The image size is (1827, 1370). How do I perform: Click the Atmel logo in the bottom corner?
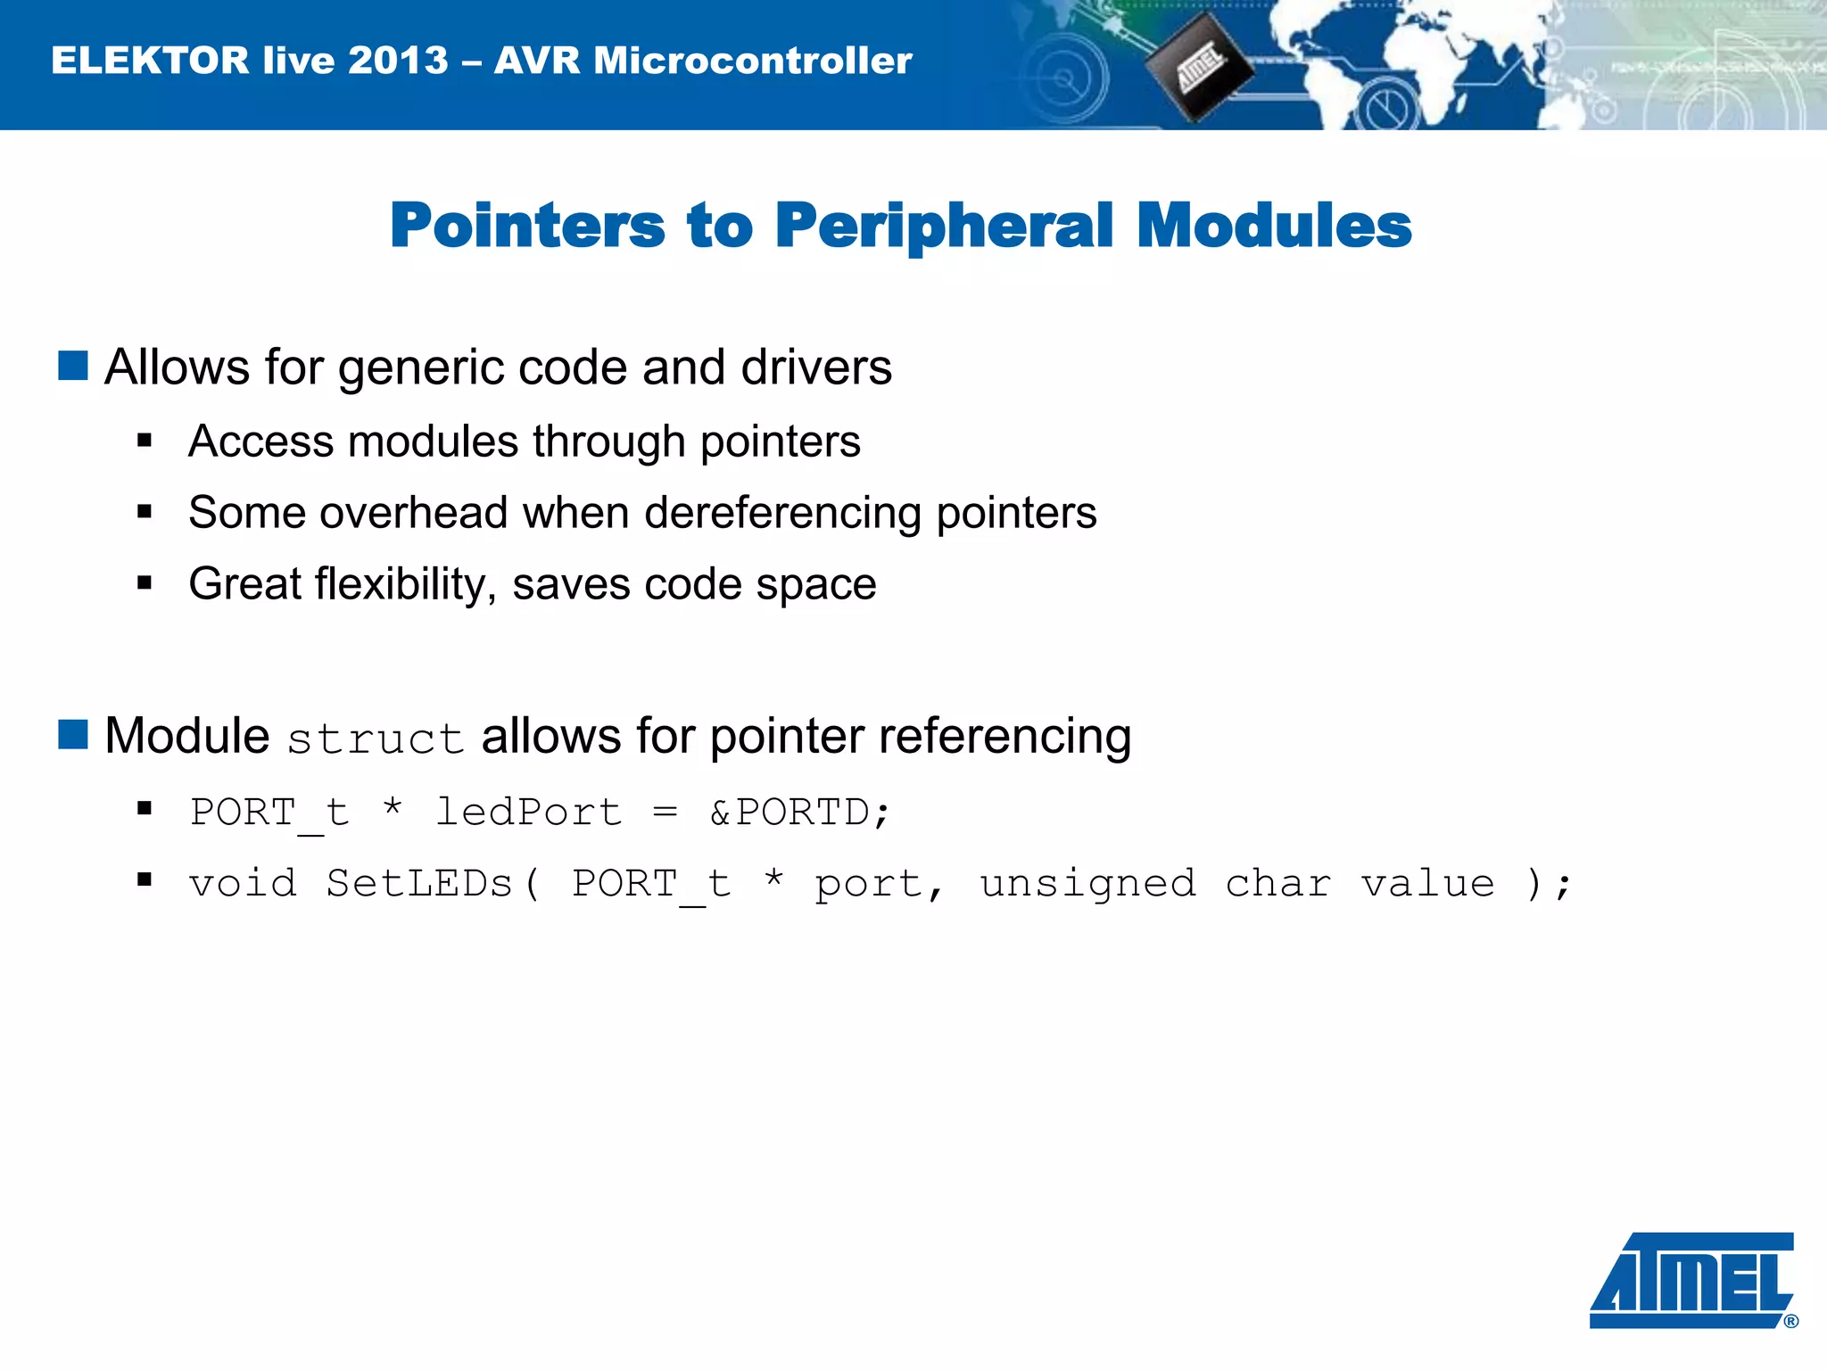tap(1692, 1280)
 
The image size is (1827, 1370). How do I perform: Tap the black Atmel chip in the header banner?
tap(1198, 66)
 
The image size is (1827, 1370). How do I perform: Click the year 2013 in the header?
tap(398, 61)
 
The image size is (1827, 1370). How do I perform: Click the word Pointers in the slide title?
tap(527, 225)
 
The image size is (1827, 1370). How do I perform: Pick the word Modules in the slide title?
tap(1274, 225)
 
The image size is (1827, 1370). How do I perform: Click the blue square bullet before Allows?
tap(73, 366)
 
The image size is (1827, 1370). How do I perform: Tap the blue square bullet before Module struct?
tap(73, 734)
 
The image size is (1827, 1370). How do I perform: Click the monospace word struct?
tap(376, 739)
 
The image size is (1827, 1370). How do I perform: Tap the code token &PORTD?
tap(799, 813)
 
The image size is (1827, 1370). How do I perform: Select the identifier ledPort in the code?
tap(528, 813)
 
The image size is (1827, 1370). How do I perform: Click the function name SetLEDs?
tap(419, 884)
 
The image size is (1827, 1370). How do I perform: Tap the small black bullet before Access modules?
tap(145, 441)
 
